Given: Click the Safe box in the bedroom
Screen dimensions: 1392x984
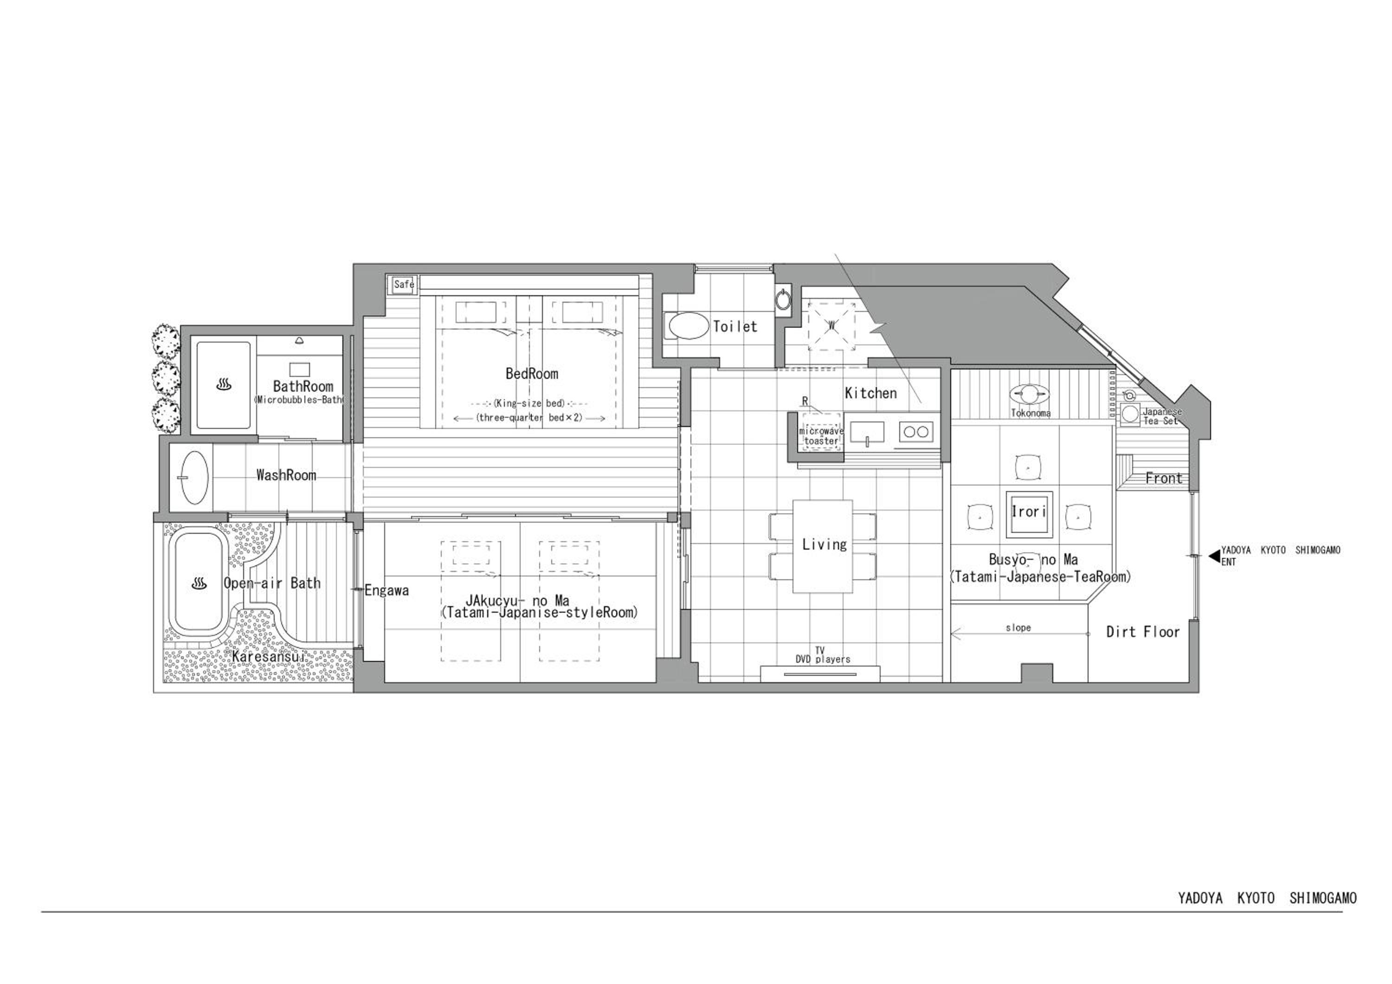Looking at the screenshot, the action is [403, 284].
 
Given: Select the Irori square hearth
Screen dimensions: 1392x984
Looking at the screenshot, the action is [1028, 513].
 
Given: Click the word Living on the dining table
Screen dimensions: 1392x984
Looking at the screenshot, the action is [825, 544].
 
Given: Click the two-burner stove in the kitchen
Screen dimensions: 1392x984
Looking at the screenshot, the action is [915, 432].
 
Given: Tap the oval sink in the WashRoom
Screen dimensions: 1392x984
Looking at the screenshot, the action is [194, 477].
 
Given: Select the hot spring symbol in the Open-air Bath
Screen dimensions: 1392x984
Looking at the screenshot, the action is [200, 583].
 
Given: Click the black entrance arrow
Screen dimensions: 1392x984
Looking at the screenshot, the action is [1214, 556].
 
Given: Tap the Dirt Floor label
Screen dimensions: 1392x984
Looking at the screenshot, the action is [1143, 632].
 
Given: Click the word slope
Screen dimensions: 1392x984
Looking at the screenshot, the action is [1018, 628].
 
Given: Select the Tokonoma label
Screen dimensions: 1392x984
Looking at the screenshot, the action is [1031, 413].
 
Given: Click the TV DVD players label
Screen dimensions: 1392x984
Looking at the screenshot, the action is [823, 655].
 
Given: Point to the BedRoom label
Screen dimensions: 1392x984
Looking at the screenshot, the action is [532, 374].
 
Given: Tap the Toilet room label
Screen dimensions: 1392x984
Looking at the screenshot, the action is [735, 326].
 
